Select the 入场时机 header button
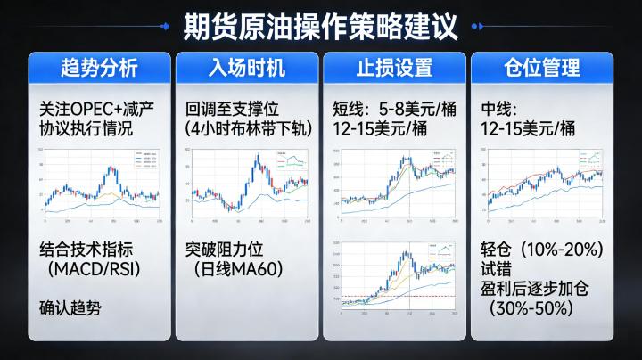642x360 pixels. pos(247,68)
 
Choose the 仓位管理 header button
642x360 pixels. pos(541,68)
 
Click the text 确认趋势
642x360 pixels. pos(70,308)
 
